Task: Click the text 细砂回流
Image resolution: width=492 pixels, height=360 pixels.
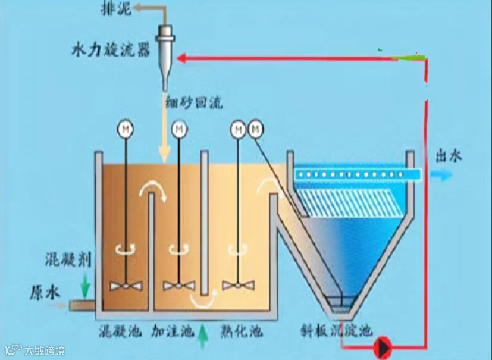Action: pyautogui.click(x=193, y=104)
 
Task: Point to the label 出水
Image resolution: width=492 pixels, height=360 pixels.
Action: pyautogui.click(x=450, y=156)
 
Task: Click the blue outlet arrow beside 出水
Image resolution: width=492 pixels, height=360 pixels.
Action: pyautogui.click(x=441, y=174)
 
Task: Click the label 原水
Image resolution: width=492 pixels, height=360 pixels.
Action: pyautogui.click(x=45, y=291)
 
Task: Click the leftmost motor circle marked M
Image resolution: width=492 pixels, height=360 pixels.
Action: pyautogui.click(x=126, y=127)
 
